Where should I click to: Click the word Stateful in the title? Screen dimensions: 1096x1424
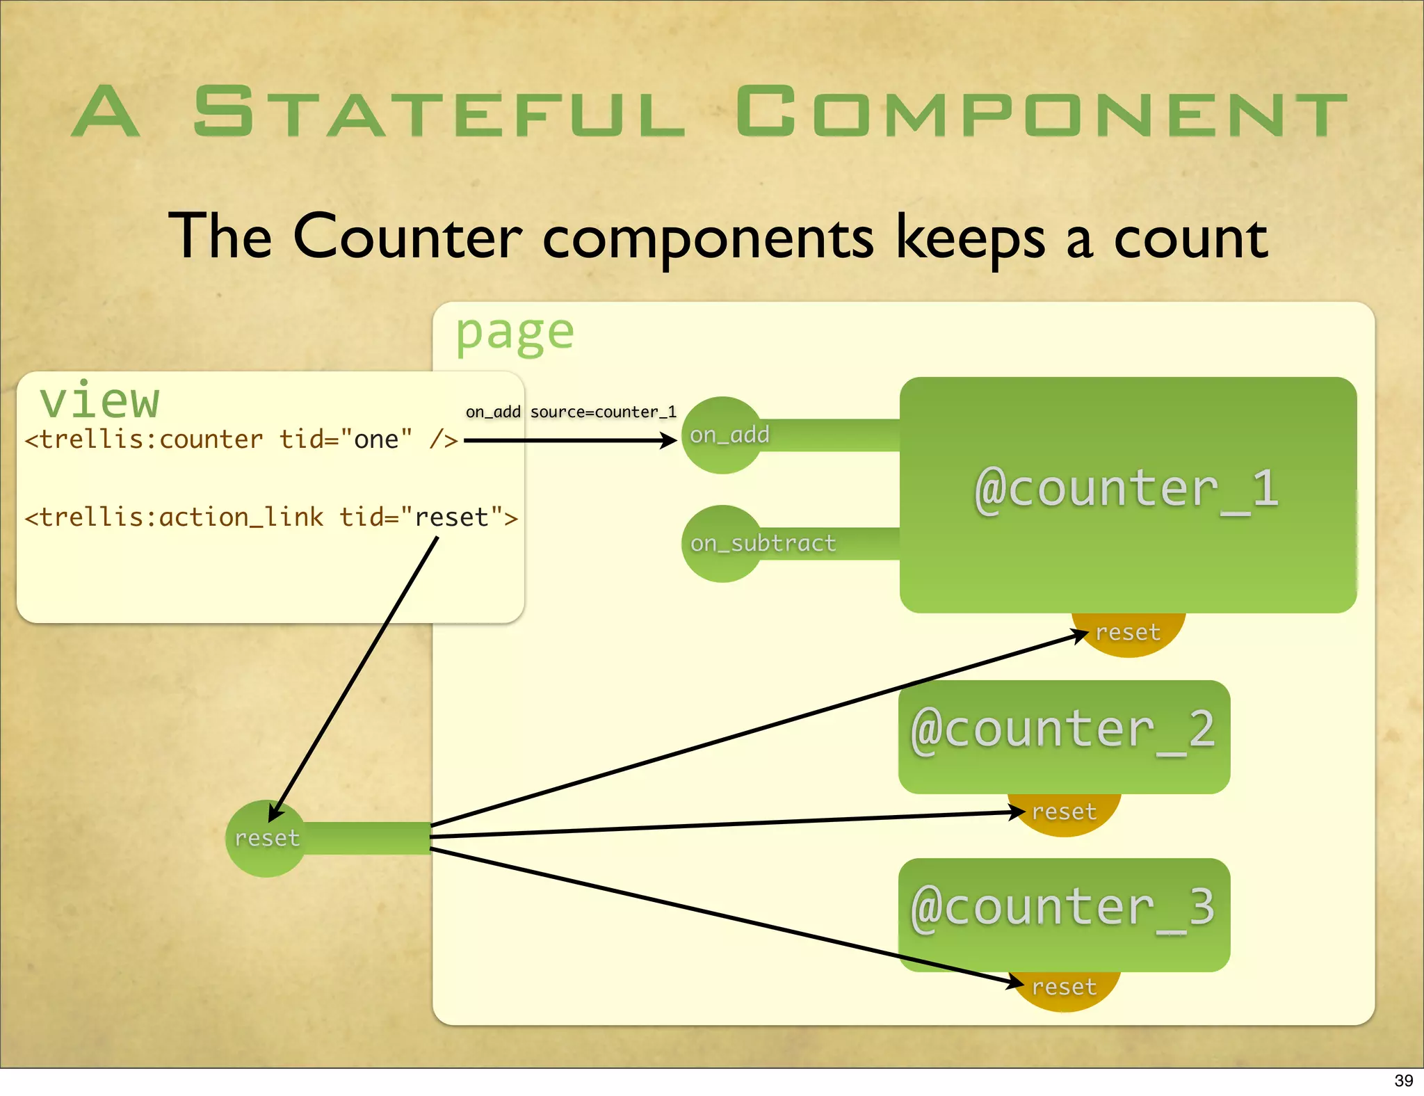[439, 111]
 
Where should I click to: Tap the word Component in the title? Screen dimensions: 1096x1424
[1041, 111]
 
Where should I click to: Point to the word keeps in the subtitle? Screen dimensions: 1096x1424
[970, 239]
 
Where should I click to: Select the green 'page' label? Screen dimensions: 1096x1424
[515, 333]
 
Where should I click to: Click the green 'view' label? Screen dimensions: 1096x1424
[100, 401]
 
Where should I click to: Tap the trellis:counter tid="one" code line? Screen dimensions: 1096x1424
[241, 440]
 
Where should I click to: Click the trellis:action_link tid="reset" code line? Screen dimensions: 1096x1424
[271, 517]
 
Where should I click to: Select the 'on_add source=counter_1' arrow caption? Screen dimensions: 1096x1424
[571, 412]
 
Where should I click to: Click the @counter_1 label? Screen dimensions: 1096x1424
[1126, 489]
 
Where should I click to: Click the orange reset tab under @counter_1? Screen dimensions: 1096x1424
[1128, 634]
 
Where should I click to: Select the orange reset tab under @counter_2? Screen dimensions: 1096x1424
[1065, 813]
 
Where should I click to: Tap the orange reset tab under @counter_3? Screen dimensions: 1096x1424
[1065, 988]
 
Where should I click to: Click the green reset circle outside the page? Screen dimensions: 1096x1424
[267, 839]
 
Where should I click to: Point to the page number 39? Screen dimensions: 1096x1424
[1403, 1081]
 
